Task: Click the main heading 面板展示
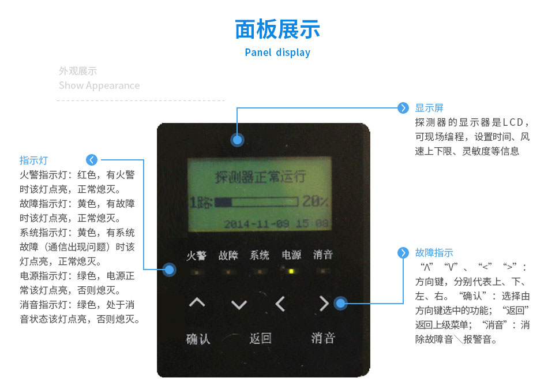277,29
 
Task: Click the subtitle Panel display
277,53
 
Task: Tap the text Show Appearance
99,85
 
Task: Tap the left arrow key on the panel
280,304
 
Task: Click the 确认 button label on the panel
198,338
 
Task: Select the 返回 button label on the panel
260,338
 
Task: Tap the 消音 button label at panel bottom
322,338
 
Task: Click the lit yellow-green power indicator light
291,271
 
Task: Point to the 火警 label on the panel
197,256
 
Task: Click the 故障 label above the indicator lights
228,256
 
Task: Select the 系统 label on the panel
260,256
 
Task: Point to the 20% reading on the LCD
316,202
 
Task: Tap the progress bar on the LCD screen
256,202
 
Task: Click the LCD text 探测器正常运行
260,177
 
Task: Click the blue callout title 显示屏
429,108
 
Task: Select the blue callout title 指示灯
33,160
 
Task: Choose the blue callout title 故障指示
434,253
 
